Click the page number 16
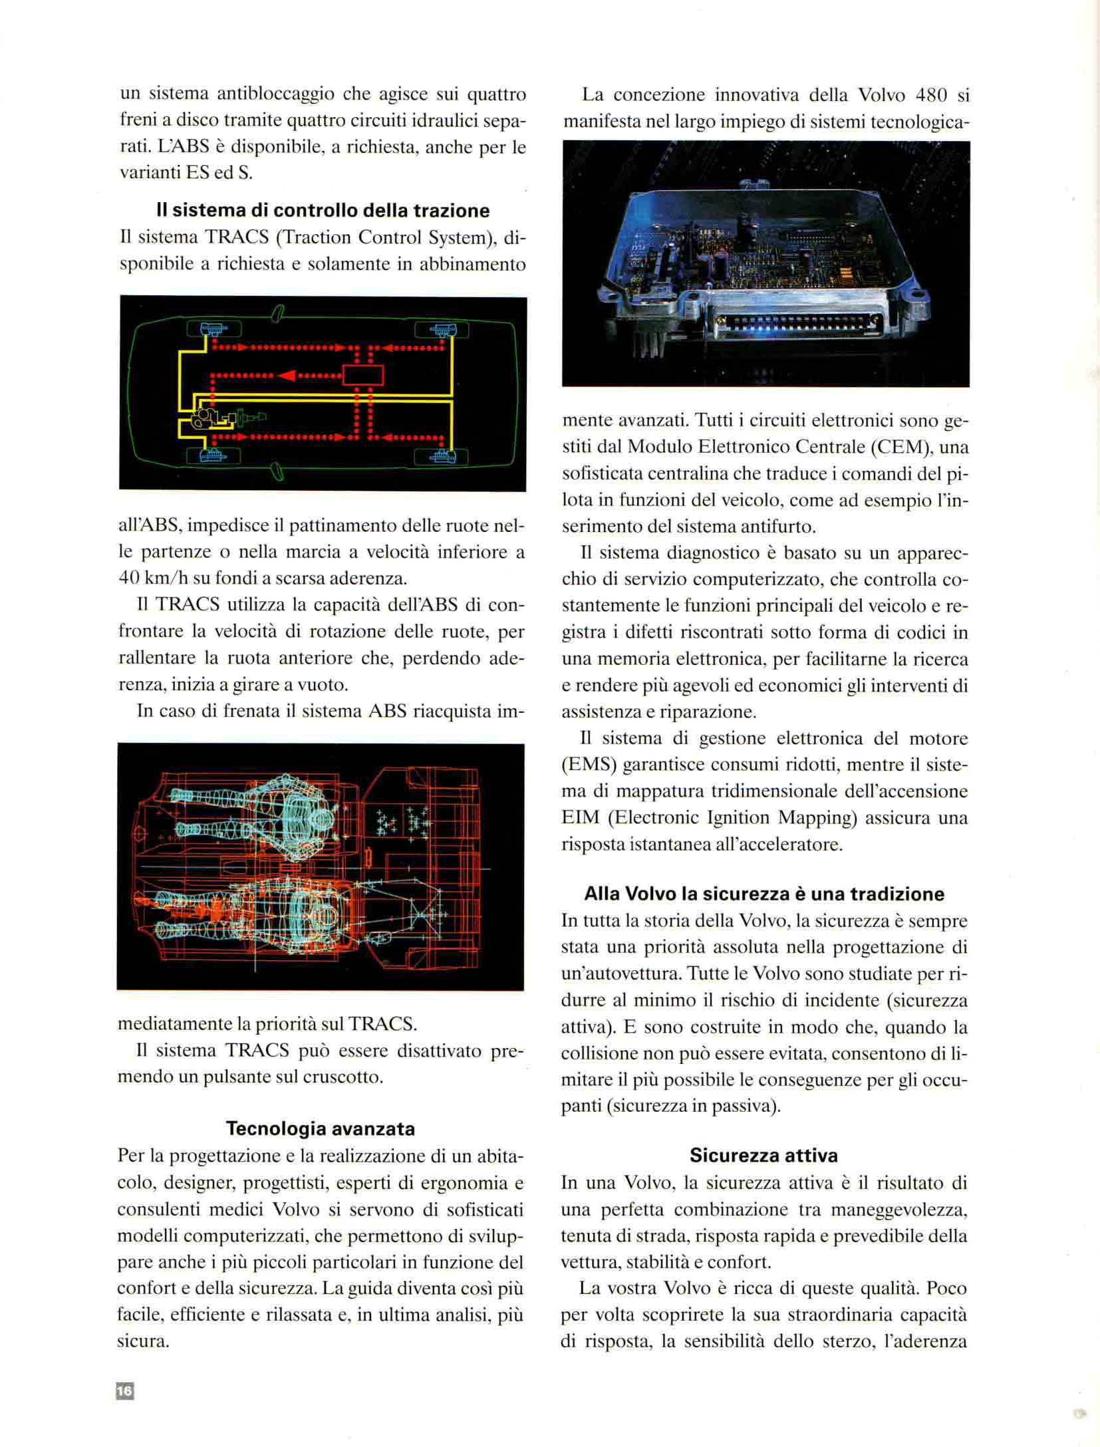(125, 1391)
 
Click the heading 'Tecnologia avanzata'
(321, 1128)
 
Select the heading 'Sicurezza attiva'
(763, 1155)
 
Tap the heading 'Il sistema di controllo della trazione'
(323, 211)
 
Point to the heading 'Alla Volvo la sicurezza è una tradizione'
(764, 894)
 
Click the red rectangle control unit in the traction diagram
(363, 375)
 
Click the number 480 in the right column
(931, 95)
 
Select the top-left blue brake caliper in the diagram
(214, 329)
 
